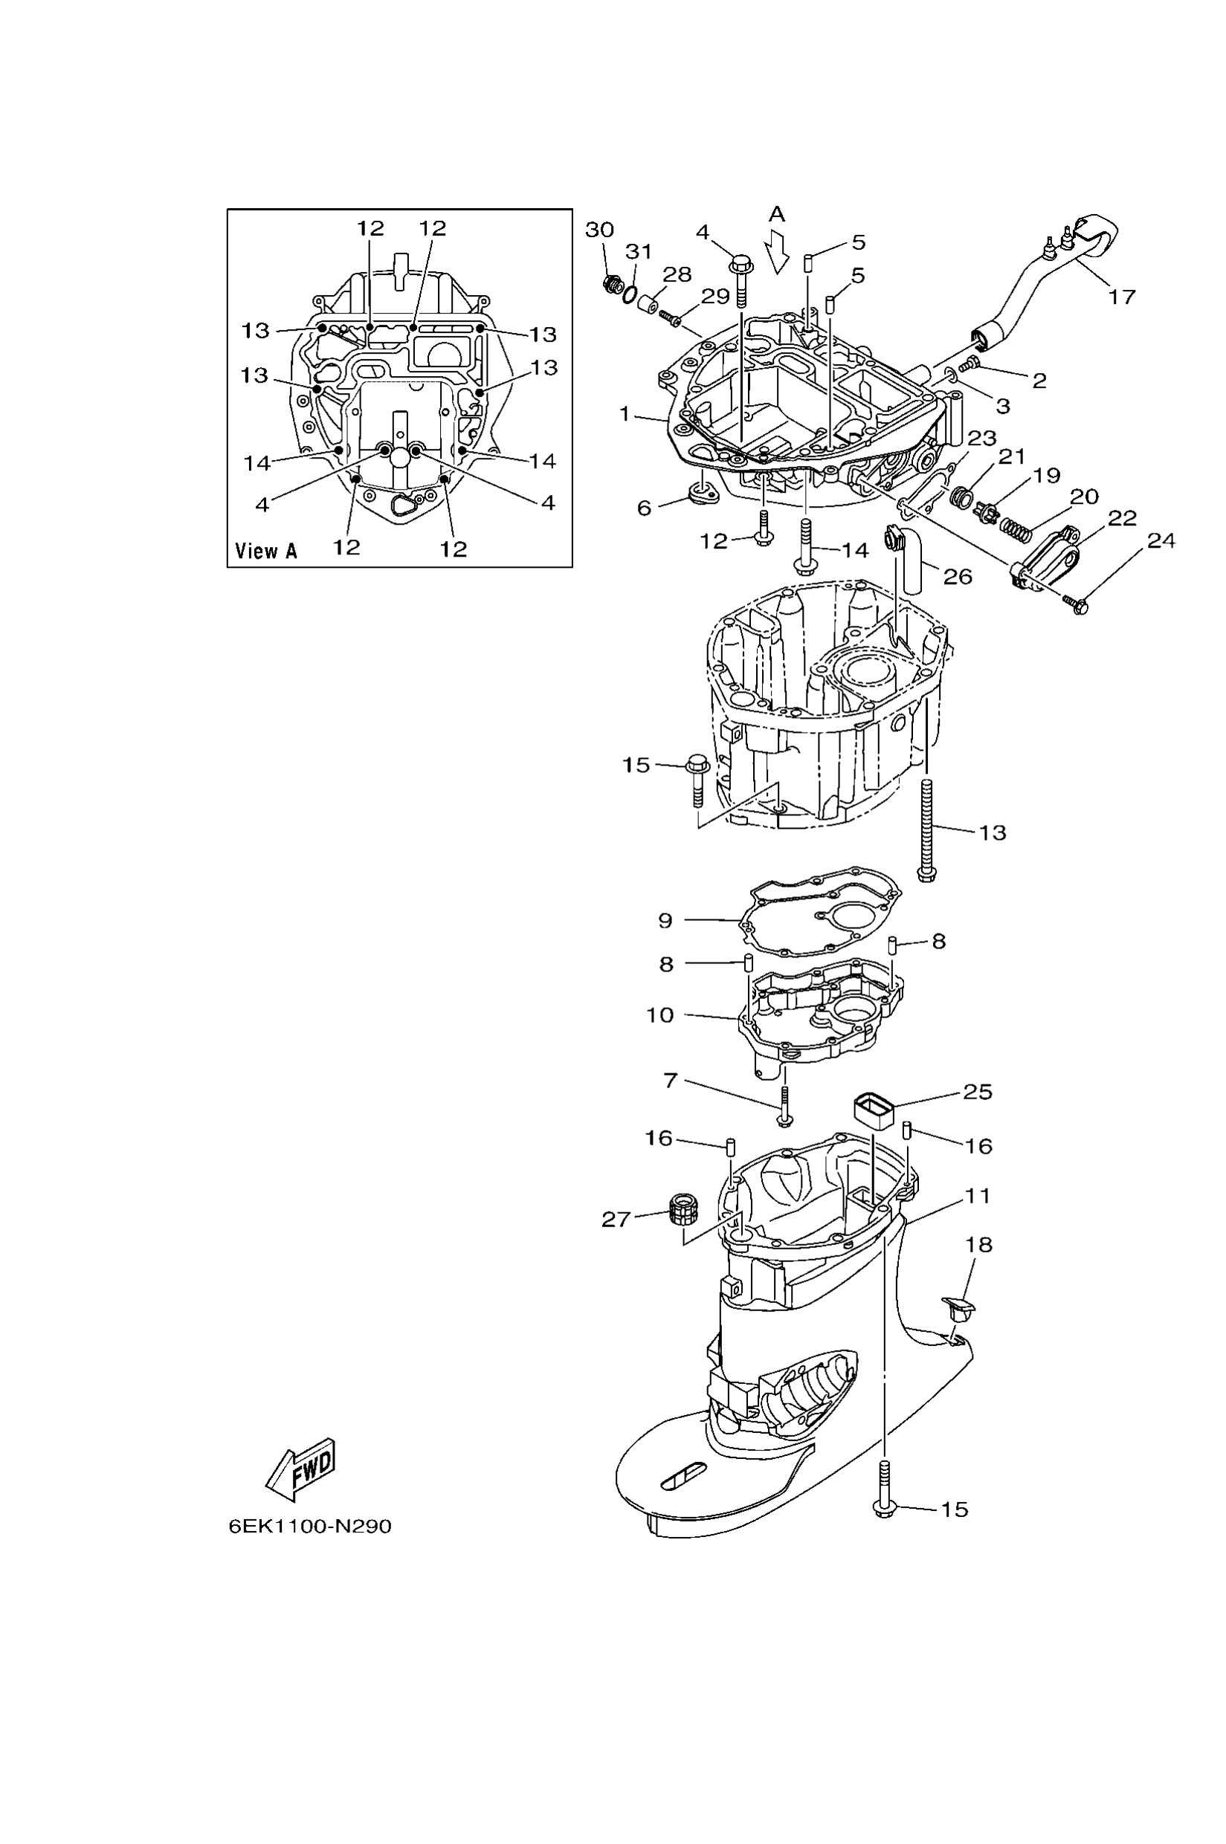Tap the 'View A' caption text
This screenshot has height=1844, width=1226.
coord(266,551)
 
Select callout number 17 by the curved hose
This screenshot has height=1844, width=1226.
coord(1122,297)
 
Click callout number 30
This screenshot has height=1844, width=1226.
coord(600,230)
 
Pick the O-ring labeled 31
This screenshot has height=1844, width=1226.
coord(631,294)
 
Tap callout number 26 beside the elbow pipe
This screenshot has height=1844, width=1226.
coord(958,576)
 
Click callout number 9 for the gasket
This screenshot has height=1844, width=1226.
coord(665,920)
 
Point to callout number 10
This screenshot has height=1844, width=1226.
coord(660,1015)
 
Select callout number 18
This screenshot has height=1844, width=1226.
coord(979,1244)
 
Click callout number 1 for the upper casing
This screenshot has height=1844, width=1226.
coord(625,413)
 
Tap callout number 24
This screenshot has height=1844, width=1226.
coord(1161,540)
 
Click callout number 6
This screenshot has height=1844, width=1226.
coord(645,508)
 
